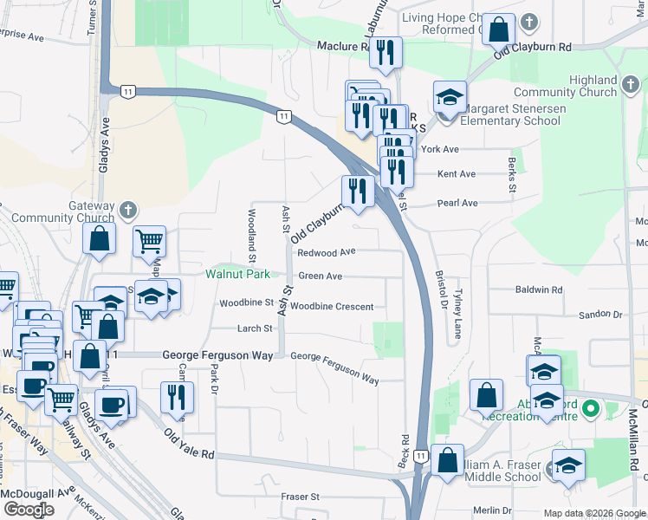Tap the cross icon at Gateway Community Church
[x=127, y=209]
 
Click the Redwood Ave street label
[x=326, y=252]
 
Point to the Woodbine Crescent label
[x=332, y=307]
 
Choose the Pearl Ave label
[x=458, y=204]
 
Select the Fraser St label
[x=301, y=497]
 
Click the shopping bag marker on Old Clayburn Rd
[x=500, y=30]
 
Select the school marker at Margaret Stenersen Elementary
[x=449, y=98]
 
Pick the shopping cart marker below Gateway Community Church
[x=150, y=242]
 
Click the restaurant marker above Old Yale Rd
[x=177, y=397]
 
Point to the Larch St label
[x=256, y=328]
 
